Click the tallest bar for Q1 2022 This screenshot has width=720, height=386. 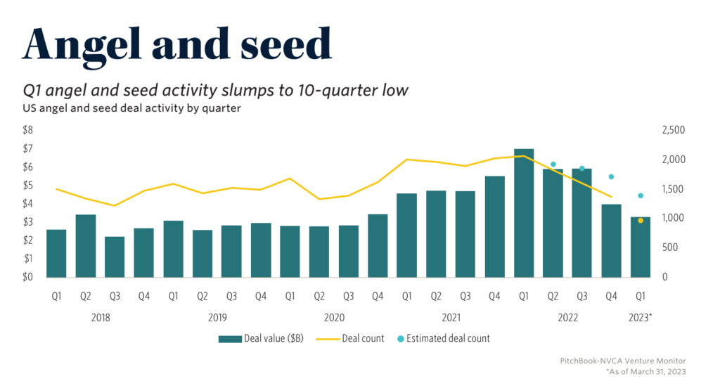(524, 212)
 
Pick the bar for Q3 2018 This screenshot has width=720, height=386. (115, 257)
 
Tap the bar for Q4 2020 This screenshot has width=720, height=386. (378, 245)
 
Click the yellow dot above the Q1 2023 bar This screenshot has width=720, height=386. (641, 221)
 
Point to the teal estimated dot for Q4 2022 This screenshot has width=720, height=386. (611, 176)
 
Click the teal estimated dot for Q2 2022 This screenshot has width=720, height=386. (553, 165)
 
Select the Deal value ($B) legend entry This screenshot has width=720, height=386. (261, 338)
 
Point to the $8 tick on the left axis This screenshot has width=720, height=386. (28, 130)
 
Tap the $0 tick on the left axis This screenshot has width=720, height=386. (28, 277)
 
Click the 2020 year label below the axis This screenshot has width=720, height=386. (334, 318)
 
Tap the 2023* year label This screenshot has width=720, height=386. (640, 318)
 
